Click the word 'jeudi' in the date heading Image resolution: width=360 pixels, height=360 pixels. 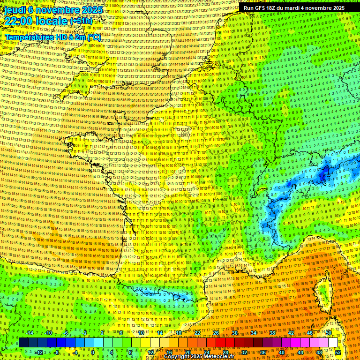pyautogui.click(x=13, y=10)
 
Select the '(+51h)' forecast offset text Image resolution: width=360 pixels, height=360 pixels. pyautogui.click(x=82, y=21)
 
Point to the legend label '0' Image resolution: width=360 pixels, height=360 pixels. pyautogui.click(x=93, y=352)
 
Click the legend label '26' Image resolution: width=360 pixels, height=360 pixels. pyautogui.click(x=216, y=333)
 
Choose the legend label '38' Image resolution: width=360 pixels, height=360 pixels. pyautogui.click(x=272, y=333)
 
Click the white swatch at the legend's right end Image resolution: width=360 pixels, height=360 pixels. pyautogui.click(x=333, y=343)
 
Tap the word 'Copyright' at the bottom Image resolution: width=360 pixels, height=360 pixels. pyautogui.click(x=177, y=357)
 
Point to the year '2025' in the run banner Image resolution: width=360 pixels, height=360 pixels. pyautogui.click(x=337, y=8)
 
